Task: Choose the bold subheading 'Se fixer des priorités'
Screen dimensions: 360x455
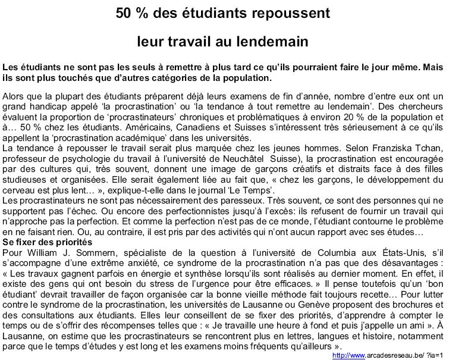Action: point(46,242)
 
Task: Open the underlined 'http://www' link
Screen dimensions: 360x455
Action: point(349,355)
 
